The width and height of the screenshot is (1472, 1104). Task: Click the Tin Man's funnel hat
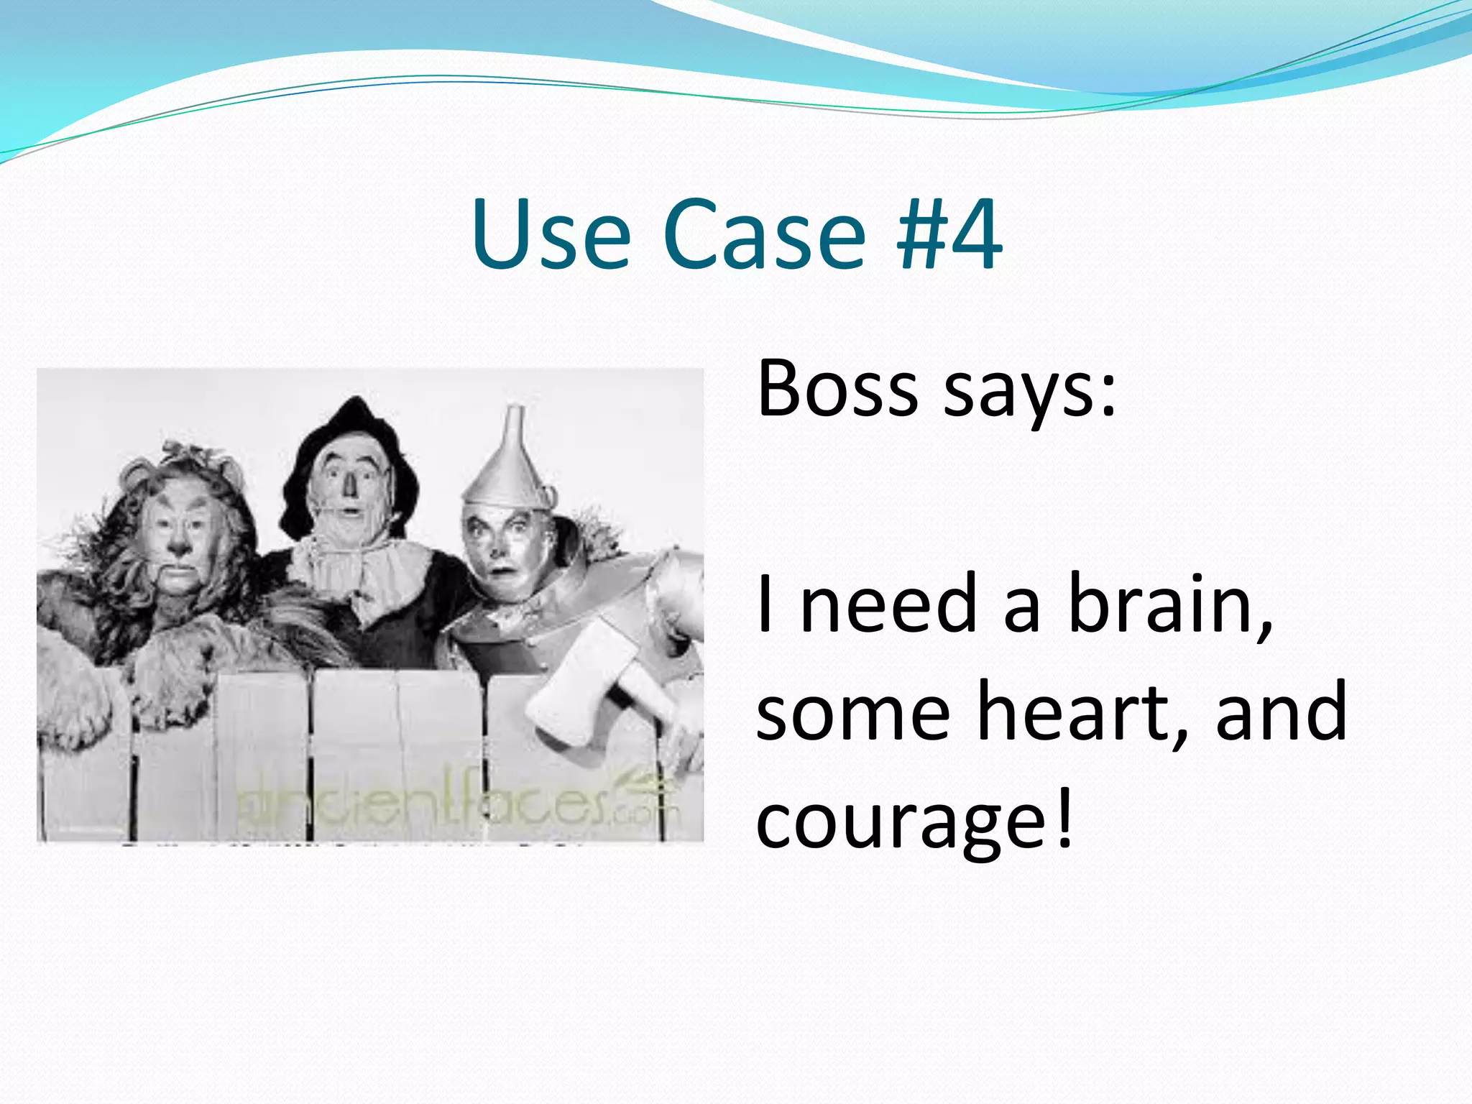click(513, 460)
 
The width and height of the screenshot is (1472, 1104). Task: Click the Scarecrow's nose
click(350, 487)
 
